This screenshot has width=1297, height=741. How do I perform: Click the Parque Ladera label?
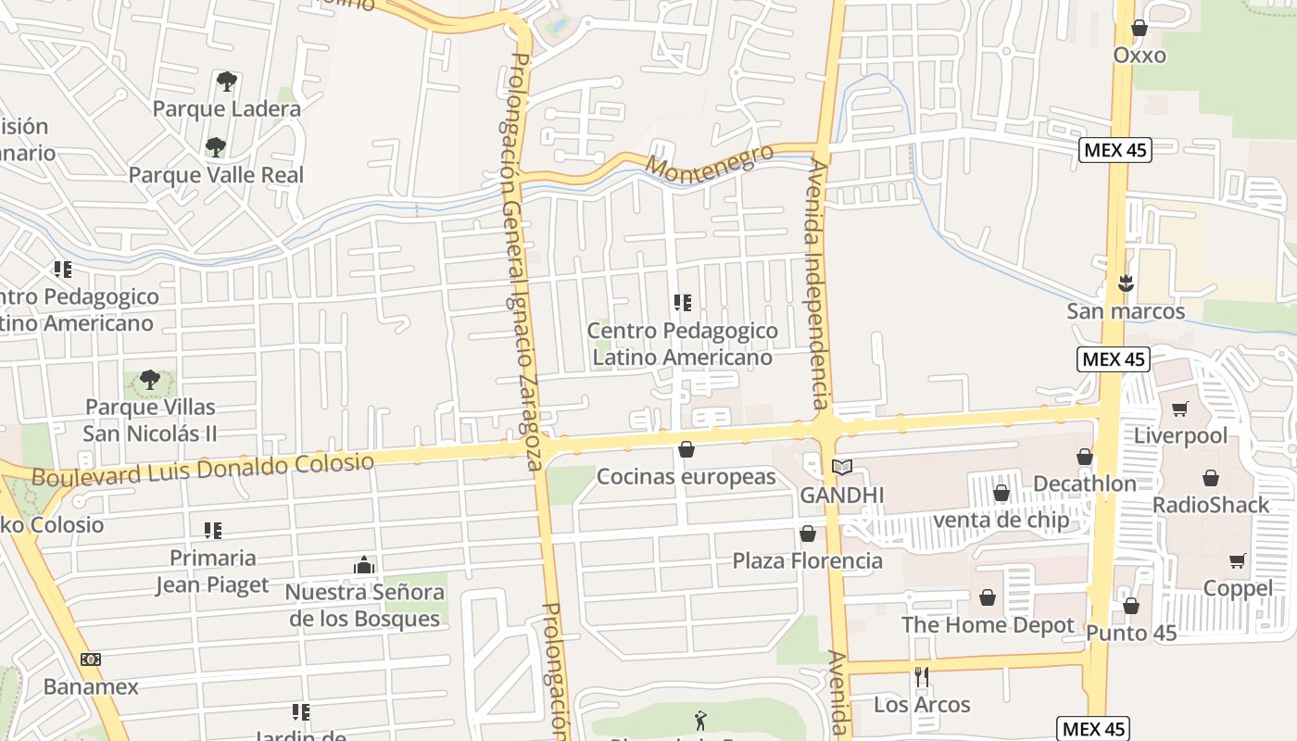[x=226, y=108]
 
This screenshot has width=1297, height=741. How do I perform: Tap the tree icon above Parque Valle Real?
[x=216, y=147]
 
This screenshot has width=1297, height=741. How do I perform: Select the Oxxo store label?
[x=1140, y=56]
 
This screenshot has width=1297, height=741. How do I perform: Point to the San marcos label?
[x=1126, y=311]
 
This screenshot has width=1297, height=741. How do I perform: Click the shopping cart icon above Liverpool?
[x=1180, y=409]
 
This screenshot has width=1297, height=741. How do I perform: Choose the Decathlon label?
[x=1084, y=484]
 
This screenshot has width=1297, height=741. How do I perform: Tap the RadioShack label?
[x=1211, y=505]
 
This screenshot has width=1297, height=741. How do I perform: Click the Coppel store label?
[x=1238, y=588]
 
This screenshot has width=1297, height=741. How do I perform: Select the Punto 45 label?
[x=1131, y=633]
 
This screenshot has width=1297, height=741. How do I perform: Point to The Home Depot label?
[x=988, y=625]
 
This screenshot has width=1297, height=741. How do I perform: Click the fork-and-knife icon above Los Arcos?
[x=922, y=677]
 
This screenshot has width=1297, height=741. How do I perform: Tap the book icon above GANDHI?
[x=841, y=468]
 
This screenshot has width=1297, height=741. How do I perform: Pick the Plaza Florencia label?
[x=808, y=560]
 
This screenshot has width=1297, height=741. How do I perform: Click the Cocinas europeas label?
[x=686, y=477]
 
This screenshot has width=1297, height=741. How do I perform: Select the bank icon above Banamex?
[x=91, y=659]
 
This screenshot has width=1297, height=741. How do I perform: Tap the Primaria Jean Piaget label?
[x=212, y=571]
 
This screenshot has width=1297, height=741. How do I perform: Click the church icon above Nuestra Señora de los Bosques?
[x=364, y=565]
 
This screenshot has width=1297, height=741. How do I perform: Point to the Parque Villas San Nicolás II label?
[x=150, y=421]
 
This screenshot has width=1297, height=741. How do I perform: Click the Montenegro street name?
[x=709, y=162]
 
